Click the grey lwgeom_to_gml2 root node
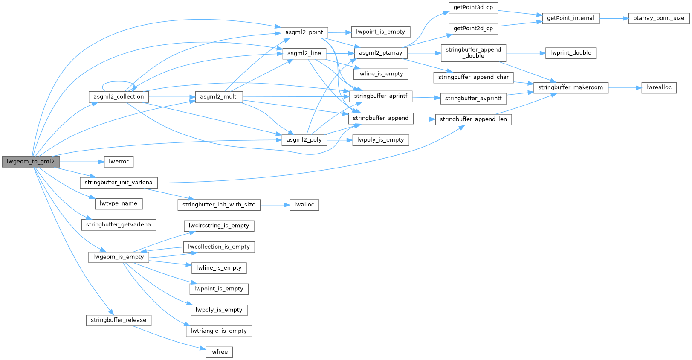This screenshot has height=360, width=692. click(x=31, y=162)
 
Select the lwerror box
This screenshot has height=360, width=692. click(x=119, y=162)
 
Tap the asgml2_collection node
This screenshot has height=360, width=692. click(x=119, y=97)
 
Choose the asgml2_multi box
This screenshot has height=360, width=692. click(x=219, y=97)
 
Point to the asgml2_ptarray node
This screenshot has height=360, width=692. click(x=380, y=53)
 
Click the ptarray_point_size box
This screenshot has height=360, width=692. click(x=658, y=18)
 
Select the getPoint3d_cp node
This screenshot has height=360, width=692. click(x=473, y=8)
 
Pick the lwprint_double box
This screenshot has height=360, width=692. click(x=570, y=53)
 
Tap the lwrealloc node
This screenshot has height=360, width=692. click(x=658, y=87)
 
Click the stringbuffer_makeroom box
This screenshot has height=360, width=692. click(x=570, y=87)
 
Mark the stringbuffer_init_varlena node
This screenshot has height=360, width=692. click(x=119, y=183)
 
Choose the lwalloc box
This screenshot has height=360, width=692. click(x=304, y=205)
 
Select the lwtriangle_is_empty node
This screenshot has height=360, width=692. click(x=219, y=331)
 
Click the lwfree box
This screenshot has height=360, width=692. click(x=219, y=352)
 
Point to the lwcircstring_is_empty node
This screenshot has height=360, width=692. click(x=219, y=226)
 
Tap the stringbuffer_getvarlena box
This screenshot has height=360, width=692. click(x=119, y=225)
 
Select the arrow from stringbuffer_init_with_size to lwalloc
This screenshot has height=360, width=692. click(x=275, y=205)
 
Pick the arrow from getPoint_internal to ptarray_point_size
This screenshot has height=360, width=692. click(x=614, y=18)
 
